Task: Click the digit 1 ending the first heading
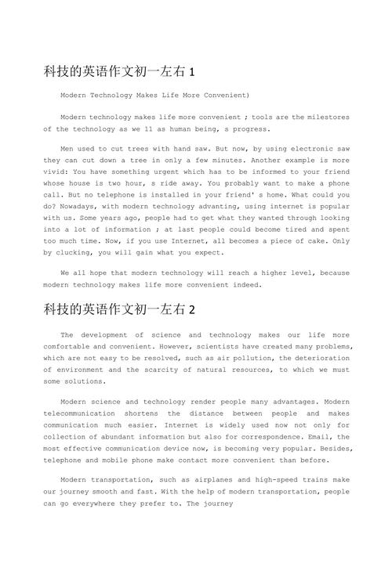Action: point(191,72)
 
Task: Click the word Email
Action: point(316,437)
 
